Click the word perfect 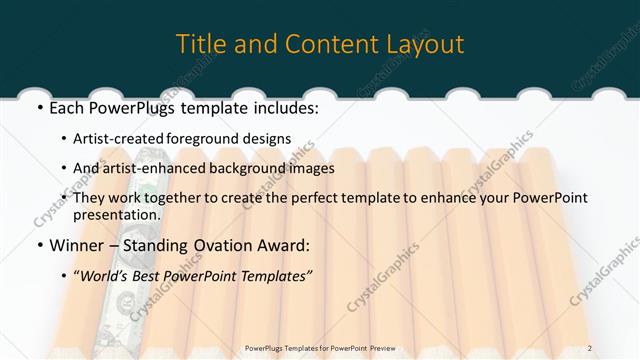click(x=342, y=198)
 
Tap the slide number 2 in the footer click(x=618, y=349)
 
